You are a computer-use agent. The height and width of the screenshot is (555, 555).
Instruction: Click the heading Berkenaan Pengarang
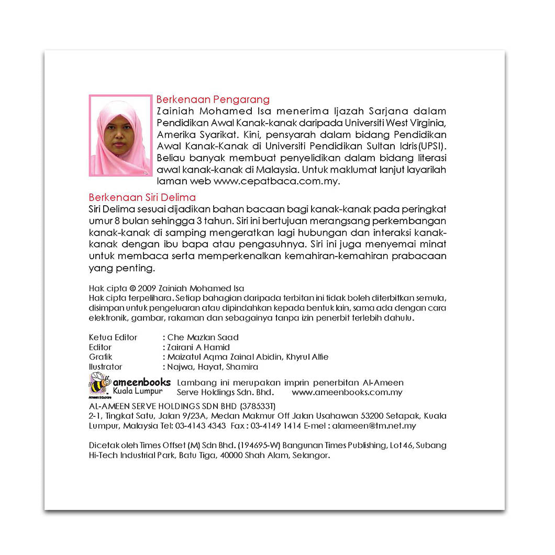[x=213, y=99]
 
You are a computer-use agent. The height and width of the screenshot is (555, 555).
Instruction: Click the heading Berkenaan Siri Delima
[x=142, y=197]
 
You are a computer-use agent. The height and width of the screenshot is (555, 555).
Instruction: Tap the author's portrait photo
[x=120, y=135]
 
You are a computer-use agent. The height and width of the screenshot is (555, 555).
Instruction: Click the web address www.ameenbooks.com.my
[x=347, y=392]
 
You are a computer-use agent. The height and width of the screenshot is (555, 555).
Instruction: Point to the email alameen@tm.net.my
[x=374, y=426]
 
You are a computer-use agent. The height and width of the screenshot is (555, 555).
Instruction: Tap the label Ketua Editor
[x=113, y=337]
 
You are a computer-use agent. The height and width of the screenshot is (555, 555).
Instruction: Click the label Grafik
[x=101, y=357]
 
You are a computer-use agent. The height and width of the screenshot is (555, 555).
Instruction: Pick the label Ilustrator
[x=105, y=367]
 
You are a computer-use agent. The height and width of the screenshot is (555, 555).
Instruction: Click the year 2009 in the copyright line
[x=148, y=288]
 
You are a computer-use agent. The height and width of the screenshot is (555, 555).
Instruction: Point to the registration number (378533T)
[x=258, y=406]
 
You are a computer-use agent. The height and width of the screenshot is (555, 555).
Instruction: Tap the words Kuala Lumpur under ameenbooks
[x=138, y=392]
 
